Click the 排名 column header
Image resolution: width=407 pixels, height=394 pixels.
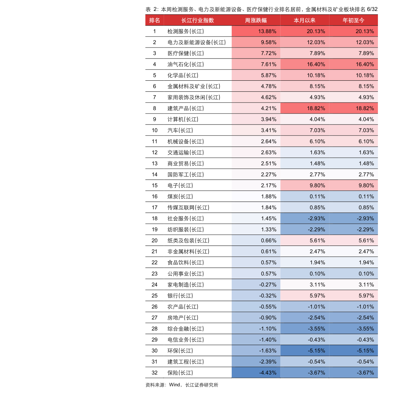tap(154, 20)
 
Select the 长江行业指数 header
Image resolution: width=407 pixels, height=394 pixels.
tap(198, 20)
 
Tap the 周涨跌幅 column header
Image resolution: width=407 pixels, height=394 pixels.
tap(256, 20)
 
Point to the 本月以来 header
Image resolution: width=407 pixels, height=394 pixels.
tap(304, 20)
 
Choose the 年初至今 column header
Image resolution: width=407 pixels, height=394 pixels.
tap(353, 20)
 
